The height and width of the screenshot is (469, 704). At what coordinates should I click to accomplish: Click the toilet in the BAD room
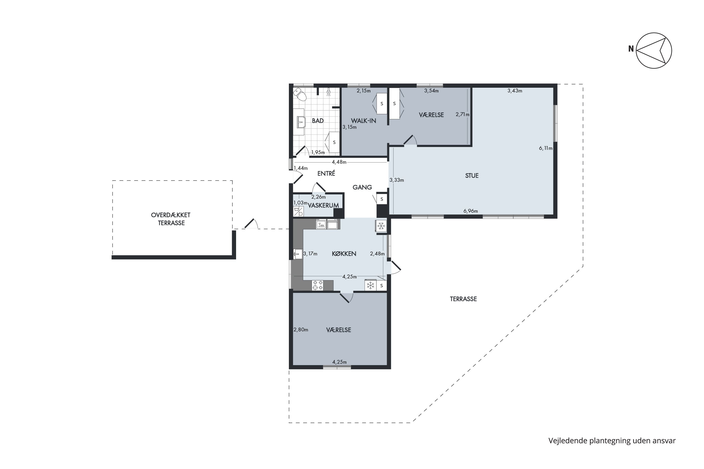click(300, 95)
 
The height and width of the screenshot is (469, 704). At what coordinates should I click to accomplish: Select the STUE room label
click(472, 176)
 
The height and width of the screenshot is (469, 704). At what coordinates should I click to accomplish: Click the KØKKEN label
click(344, 254)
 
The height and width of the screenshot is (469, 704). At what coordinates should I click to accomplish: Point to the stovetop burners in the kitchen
click(318, 285)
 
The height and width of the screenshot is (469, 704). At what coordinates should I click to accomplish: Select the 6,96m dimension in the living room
click(471, 211)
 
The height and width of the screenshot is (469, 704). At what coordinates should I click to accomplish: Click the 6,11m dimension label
click(546, 148)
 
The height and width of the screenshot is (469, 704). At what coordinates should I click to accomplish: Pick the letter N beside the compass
click(631, 49)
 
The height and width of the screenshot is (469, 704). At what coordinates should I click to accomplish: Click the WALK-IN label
click(363, 121)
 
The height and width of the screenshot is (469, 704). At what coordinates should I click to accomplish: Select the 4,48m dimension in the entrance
click(339, 162)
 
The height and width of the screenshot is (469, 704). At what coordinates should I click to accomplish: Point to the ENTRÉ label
click(326, 173)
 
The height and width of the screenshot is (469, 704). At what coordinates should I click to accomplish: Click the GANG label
click(362, 187)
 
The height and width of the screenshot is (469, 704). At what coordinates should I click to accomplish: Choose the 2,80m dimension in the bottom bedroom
click(301, 330)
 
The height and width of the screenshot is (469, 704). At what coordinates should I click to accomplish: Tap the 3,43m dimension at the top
click(515, 91)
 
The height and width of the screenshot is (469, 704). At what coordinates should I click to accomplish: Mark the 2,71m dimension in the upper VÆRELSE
click(463, 114)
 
